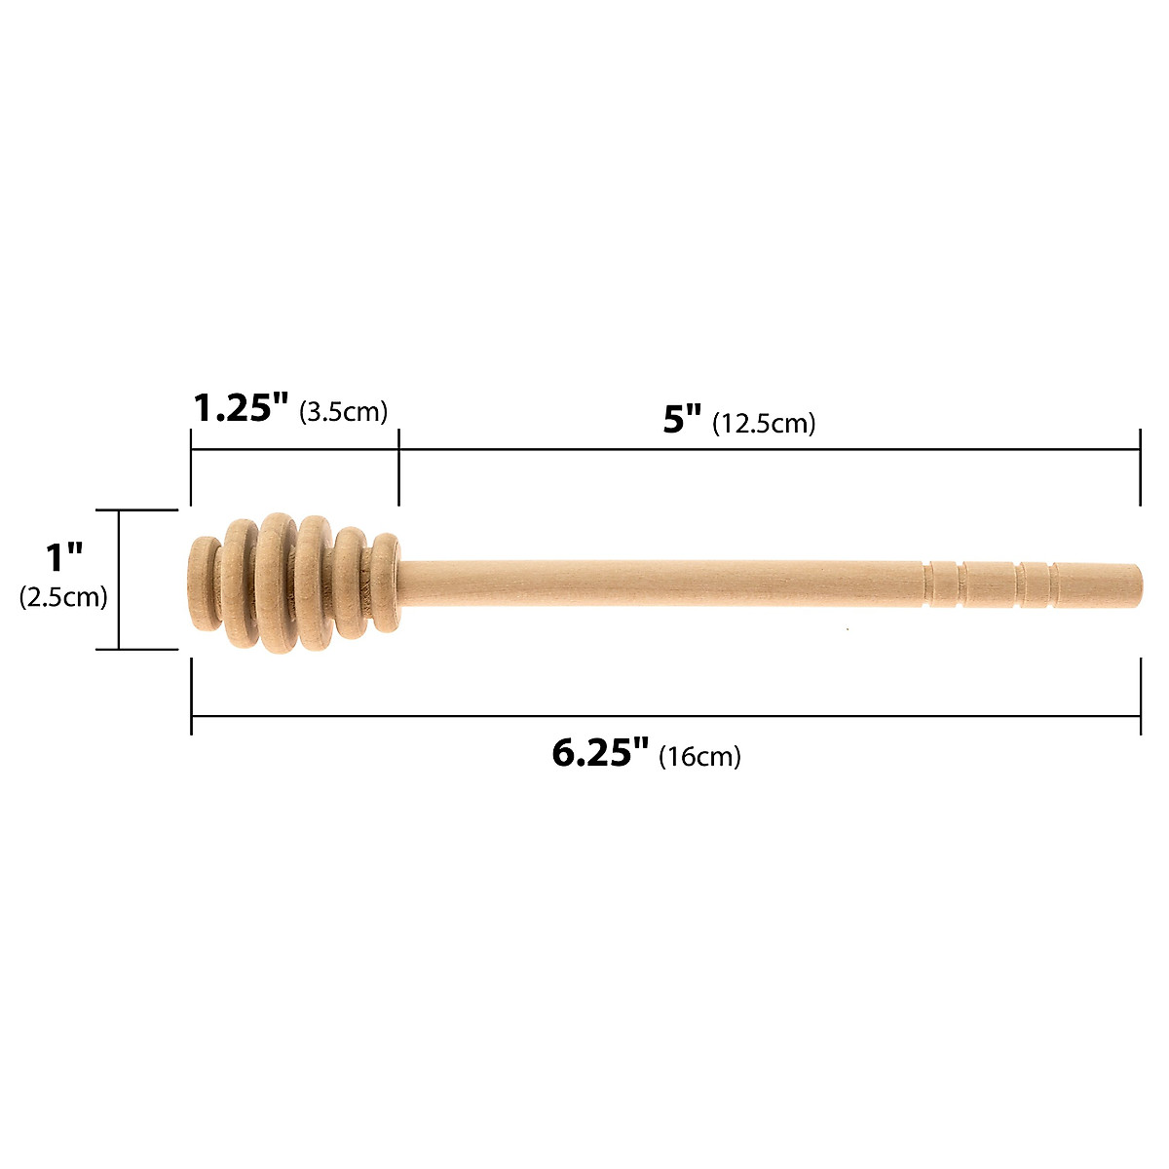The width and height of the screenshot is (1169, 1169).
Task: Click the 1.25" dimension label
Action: (241, 407)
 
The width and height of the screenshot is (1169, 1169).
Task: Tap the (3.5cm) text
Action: (343, 412)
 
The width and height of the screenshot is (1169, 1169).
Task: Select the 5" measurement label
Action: (682, 420)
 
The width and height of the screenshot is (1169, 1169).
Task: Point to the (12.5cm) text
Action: (764, 424)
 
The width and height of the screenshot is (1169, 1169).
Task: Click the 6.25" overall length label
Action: (600, 753)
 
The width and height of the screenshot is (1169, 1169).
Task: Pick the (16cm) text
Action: (699, 757)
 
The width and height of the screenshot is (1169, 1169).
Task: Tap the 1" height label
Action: (65, 558)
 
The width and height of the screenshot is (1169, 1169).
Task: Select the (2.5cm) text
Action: (63, 597)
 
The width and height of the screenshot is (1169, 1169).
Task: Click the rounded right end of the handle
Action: (1134, 584)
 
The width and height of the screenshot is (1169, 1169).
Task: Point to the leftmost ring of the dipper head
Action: (204, 584)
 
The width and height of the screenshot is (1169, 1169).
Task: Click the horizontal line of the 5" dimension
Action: (769, 449)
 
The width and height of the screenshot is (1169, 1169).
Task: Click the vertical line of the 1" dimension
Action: (119, 579)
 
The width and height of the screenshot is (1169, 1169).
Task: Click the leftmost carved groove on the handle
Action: (928, 584)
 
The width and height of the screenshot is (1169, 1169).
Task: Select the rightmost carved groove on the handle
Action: (1052, 584)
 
